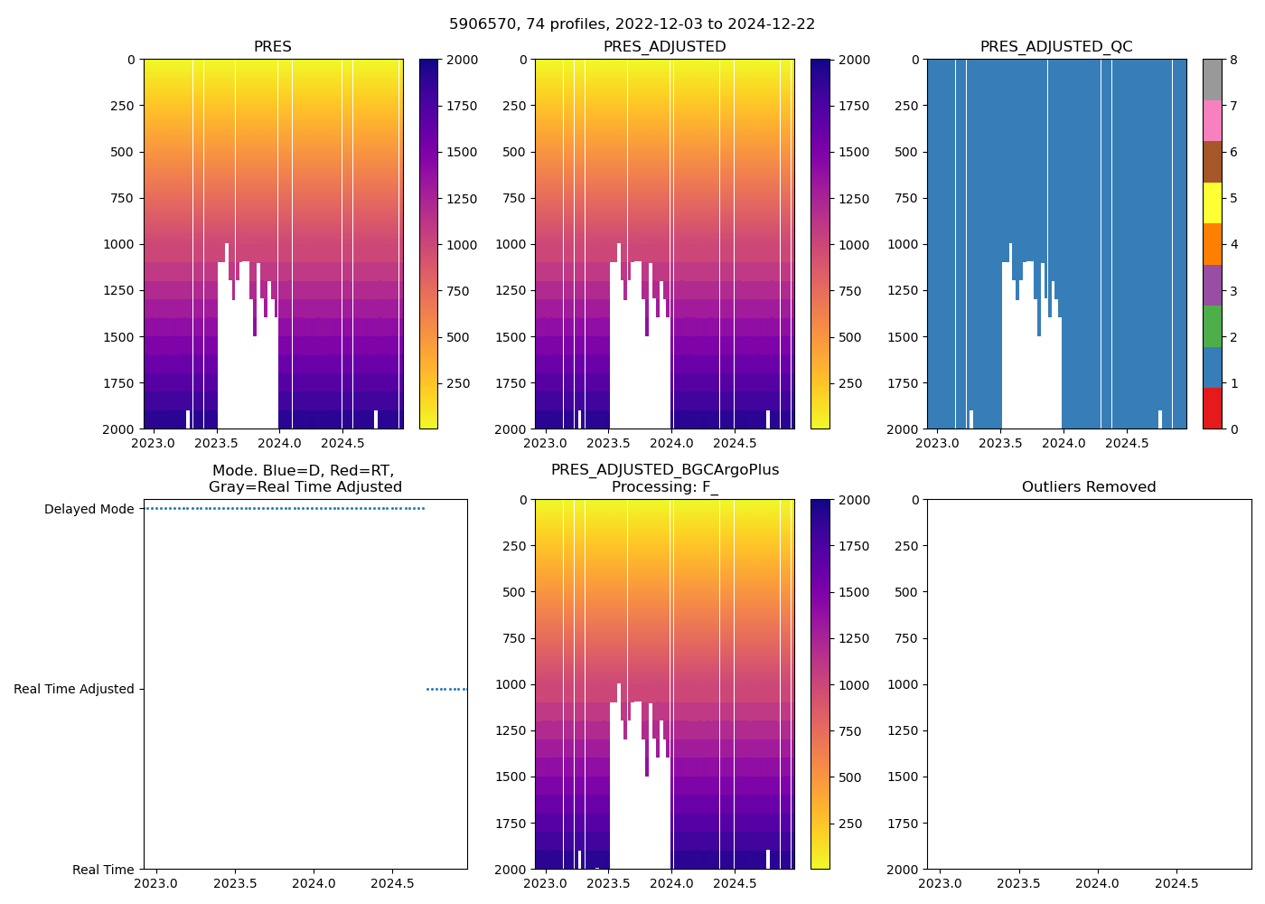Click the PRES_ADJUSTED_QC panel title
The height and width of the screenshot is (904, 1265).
click(1056, 47)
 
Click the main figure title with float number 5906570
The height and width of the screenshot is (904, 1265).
click(632, 24)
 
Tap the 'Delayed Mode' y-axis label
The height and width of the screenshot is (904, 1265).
click(89, 509)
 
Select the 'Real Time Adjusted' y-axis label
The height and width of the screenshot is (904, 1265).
click(74, 689)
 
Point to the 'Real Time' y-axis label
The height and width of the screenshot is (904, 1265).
click(103, 870)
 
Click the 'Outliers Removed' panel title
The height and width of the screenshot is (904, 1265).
click(1089, 487)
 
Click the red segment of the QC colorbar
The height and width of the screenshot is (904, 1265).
click(1212, 408)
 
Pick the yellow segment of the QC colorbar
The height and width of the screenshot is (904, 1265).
click(1212, 202)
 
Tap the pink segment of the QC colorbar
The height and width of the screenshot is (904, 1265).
click(1212, 120)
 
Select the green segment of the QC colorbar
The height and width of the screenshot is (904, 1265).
click(1212, 325)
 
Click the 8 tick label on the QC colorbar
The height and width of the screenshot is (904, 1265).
click(1233, 60)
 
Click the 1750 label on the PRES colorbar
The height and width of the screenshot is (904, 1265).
click(462, 106)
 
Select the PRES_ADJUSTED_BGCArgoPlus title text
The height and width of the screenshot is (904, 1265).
click(665, 470)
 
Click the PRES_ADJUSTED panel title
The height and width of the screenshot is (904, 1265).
click(664, 47)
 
